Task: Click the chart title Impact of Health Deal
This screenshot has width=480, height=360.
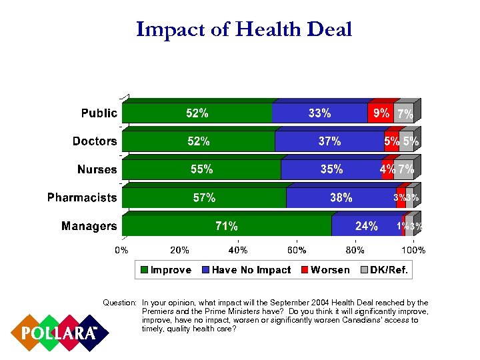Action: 243,29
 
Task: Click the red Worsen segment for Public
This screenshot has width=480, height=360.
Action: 380,113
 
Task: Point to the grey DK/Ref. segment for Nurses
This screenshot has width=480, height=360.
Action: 405,169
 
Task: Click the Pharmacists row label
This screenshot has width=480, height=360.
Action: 82,198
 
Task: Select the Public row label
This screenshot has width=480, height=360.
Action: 99,113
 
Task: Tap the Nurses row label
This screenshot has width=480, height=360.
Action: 97,169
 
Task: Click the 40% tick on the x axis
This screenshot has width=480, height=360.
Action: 238,250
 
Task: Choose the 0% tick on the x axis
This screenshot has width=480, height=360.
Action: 122,250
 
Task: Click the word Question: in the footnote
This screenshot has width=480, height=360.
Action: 119,303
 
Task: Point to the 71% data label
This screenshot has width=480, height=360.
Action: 227,226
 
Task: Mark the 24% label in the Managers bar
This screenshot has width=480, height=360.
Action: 367,226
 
